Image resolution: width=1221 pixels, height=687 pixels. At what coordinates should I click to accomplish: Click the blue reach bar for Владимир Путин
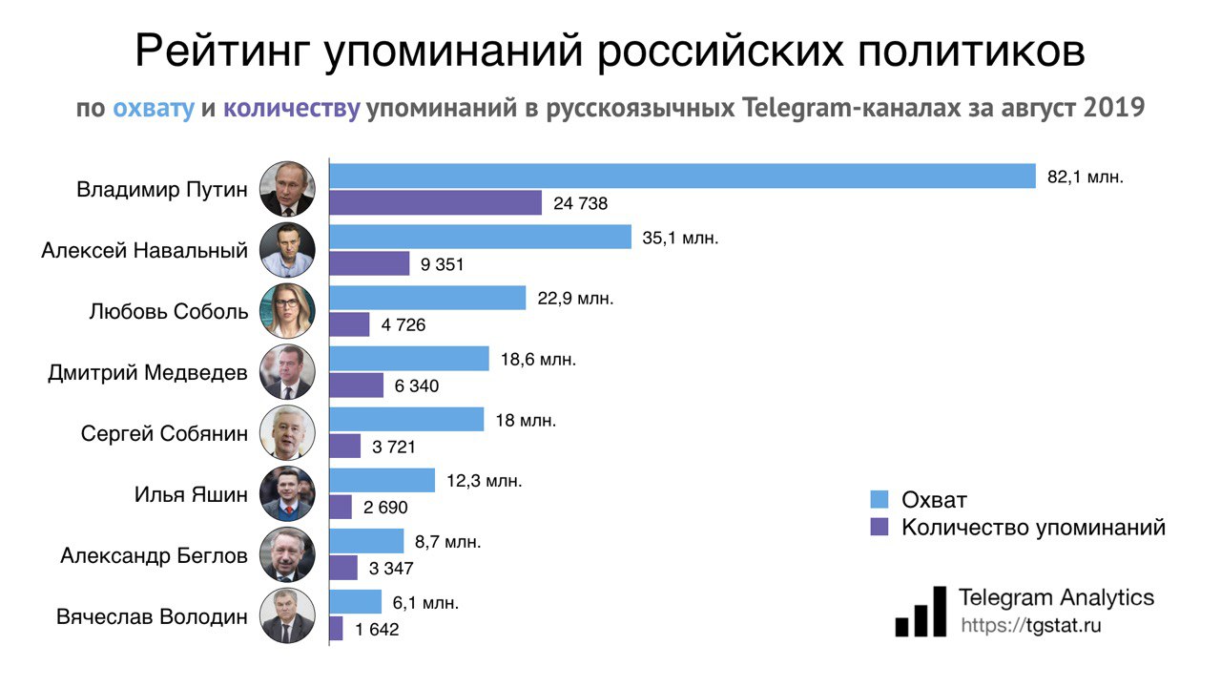[682, 177]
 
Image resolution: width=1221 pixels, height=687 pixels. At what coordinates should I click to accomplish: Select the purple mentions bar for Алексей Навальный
[369, 263]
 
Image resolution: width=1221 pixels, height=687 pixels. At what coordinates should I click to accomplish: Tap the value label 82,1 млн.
[1086, 177]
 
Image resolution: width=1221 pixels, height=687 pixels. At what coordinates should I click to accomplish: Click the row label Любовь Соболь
[168, 312]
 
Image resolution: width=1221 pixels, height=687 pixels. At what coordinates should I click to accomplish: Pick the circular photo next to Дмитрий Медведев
[287, 372]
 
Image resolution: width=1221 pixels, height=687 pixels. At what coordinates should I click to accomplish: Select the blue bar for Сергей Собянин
[406, 420]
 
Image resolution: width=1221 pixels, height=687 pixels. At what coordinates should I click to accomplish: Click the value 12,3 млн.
[485, 481]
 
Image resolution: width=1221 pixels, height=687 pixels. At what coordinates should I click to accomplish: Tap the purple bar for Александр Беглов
[343, 568]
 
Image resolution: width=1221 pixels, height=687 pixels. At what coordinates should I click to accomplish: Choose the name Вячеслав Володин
[152, 616]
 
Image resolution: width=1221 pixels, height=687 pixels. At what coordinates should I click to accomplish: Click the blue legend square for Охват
[880, 499]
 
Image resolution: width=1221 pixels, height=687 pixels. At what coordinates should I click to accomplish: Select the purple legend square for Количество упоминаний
[880, 527]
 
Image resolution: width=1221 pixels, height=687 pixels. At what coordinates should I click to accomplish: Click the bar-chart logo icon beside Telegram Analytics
[921, 612]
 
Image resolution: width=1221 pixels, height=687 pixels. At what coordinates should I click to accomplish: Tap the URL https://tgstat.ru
[1030, 626]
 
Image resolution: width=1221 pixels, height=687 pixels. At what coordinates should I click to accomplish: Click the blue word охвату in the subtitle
[154, 108]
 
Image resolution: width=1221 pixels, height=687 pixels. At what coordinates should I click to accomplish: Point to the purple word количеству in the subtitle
[292, 108]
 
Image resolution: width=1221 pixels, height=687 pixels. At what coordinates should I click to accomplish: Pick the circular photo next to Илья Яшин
[287, 494]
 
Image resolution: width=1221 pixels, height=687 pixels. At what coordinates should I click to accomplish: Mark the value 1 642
[377, 629]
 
